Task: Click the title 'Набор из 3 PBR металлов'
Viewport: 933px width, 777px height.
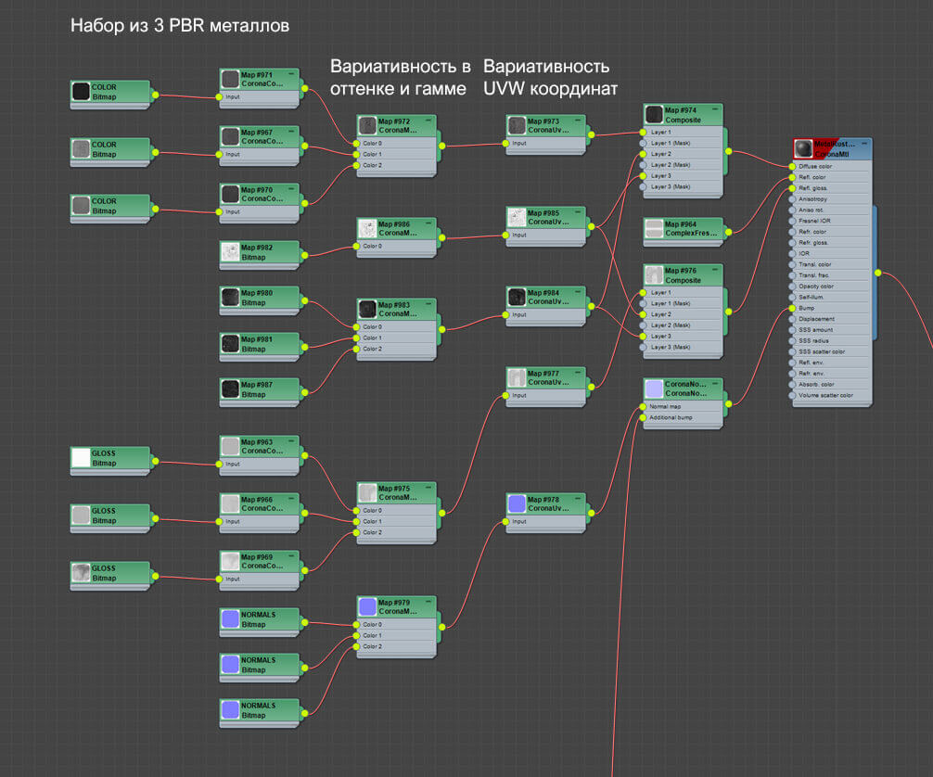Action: coord(180,26)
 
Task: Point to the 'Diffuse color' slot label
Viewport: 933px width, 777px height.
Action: coord(816,167)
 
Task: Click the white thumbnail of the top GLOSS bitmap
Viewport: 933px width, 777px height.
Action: coord(81,458)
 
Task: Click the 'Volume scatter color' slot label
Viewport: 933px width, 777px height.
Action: coord(831,395)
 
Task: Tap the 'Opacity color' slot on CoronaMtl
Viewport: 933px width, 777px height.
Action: coord(816,287)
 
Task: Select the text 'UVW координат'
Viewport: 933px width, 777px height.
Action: coord(551,89)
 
